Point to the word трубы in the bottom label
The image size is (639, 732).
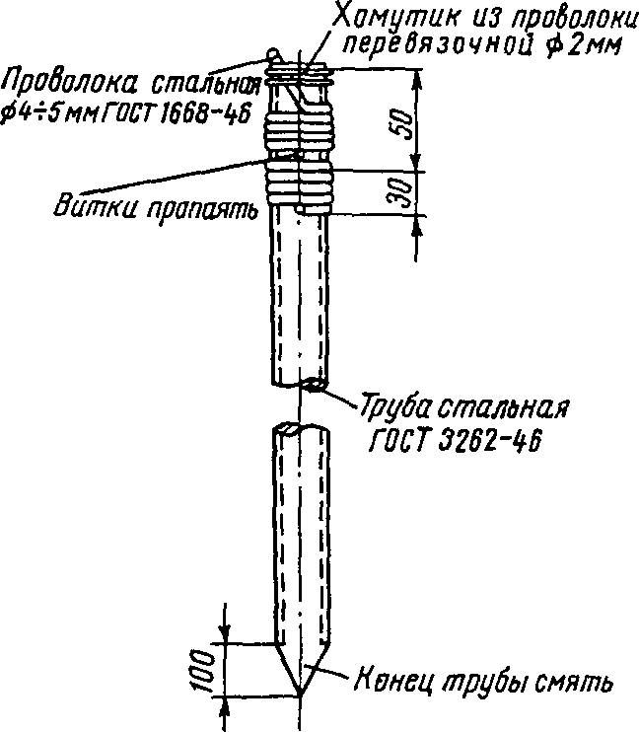[x=484, y=683]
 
